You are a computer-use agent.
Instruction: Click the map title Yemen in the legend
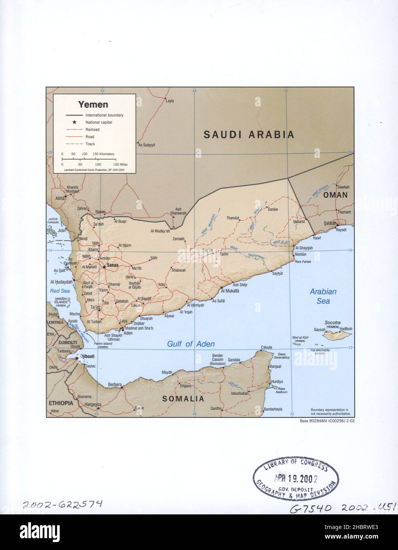93,104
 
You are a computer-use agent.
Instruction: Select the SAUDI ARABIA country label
249,135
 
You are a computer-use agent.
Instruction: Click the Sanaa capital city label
112,266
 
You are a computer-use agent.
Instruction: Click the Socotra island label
332,323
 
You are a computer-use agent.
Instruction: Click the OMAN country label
335,195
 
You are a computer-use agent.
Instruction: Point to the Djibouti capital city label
86,356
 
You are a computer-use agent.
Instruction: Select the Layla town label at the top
170,101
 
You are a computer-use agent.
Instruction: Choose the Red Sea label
60,291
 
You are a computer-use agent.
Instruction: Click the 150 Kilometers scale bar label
103,154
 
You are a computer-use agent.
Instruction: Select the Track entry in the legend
90,144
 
